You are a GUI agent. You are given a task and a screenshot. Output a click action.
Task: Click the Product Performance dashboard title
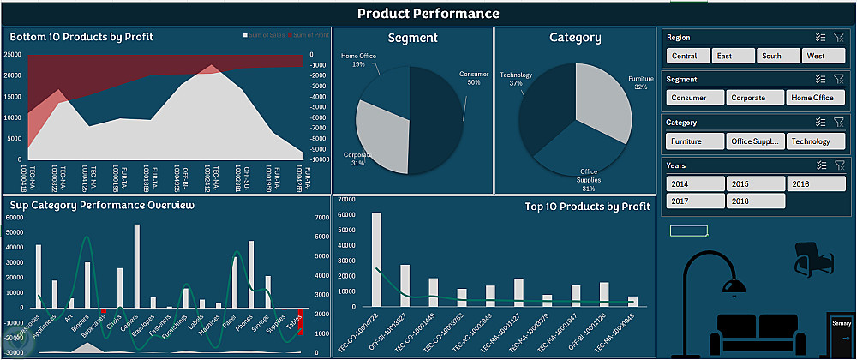[428, 13]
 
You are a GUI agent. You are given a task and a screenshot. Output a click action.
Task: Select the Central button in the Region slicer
[686, 56]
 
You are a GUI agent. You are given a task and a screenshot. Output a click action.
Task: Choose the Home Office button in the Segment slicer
[812, 98]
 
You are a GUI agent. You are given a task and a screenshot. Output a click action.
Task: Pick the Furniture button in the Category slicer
[693, 141]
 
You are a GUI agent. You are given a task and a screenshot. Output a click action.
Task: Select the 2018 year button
[756, 201]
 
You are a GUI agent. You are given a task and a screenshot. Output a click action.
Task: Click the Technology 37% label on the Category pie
[516, 79]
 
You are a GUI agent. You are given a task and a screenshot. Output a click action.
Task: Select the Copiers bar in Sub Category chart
[137, 266]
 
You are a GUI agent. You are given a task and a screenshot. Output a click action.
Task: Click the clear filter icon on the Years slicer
[839, 165]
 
